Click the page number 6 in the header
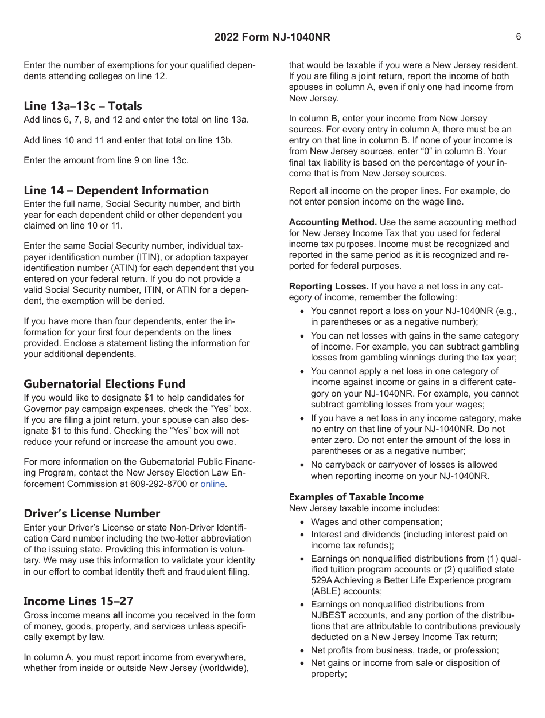click(519, 37)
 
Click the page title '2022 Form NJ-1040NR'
click(272, 37)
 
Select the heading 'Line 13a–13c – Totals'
click(83, 106)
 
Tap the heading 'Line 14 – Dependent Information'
click(116, 190)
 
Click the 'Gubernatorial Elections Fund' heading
click(104, 384)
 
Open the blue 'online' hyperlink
click(212, 484)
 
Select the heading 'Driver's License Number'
click(92, 513)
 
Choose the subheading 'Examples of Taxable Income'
click(356, 497)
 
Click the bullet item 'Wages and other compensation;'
click(376, 522)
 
